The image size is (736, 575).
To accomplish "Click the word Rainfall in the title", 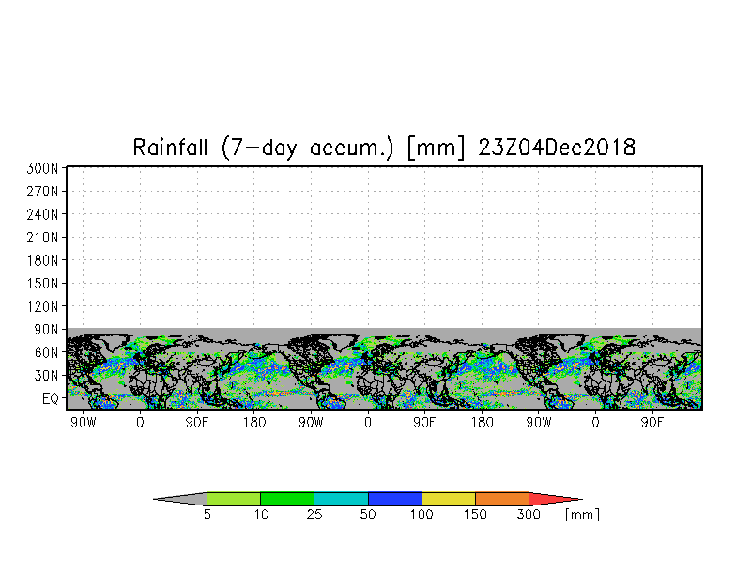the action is pos(170,147).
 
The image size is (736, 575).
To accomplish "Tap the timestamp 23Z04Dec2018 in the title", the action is pos(557,147).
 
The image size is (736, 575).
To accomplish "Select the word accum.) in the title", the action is pos(351,148).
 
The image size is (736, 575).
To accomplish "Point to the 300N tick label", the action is pos(42,168).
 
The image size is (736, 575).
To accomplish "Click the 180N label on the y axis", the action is pos(42,260).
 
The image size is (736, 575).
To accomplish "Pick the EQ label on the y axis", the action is pos(51,398).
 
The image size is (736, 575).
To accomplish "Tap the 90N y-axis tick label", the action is pos(47,329).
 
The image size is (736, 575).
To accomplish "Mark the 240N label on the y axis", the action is pos(42,214).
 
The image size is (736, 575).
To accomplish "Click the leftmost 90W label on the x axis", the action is pos(83,423).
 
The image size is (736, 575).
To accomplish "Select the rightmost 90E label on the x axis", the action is pos(652,423).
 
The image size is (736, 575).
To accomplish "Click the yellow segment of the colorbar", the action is pos(449,499).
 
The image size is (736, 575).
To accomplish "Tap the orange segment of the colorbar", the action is pos(501,499).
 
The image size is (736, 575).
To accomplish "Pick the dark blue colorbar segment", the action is pos(394,499).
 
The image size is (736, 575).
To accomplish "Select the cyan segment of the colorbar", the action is pos(341,499).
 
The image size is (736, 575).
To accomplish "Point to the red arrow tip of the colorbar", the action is pos(582,499).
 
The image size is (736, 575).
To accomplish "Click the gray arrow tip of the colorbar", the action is pos(154,499).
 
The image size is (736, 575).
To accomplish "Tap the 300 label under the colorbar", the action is pos(529,515).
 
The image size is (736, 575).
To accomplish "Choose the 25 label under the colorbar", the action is pos(314,515).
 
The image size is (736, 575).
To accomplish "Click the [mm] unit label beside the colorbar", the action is pos(582,515).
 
